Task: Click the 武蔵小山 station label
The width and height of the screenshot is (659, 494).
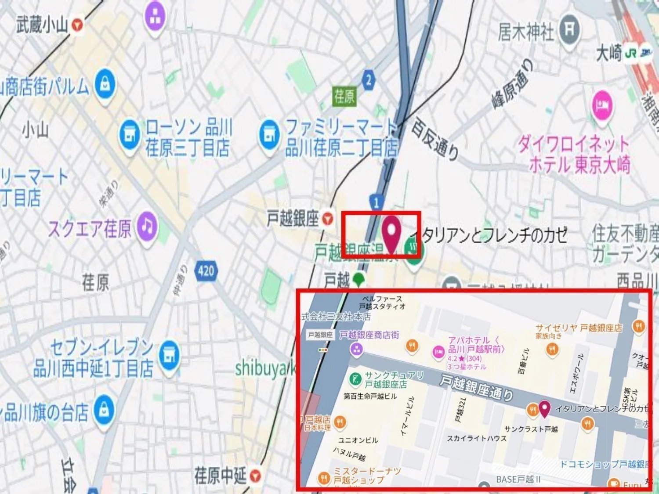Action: pyautogui.click(x=42, y=25)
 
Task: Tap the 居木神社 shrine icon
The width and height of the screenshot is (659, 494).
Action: pyautogui.click(x=569, y=30)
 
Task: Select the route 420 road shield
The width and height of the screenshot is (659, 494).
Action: pyautogui.click(x=206, y=270)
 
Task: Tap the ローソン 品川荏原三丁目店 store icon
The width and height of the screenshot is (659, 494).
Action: pyautogui.click(x=130, y=134)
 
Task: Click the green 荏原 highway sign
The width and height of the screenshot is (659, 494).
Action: pyautogui.click(x=344, y=96)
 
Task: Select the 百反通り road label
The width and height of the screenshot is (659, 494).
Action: pyautogui.click(x=435, y=138)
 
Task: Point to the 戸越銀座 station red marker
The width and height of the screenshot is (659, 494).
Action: pyautogui.click(x=327, y=218)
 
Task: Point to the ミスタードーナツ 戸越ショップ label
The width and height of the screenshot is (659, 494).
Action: pyautogui.click(x=367, y=476)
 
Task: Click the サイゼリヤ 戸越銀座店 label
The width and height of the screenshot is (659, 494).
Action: pyautogui.click(x=579, y=328)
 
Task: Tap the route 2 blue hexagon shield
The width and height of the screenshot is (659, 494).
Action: pyautogui.click(x=369, y=80)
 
